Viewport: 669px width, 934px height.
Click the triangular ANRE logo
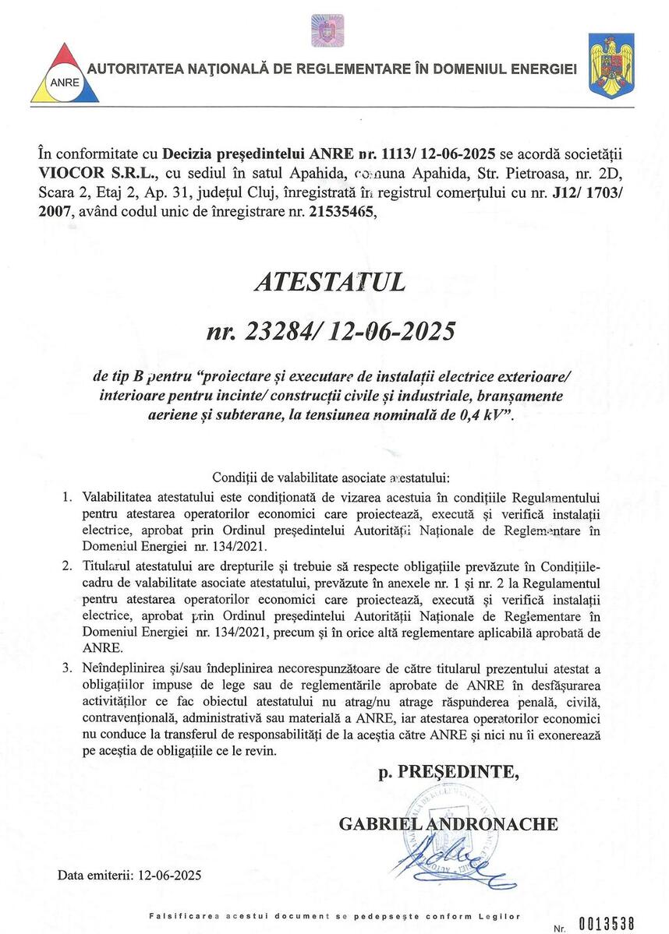[x=65, y=76]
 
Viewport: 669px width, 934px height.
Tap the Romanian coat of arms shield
[x=611, y=65]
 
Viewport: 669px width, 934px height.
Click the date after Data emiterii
[x=168, y=875]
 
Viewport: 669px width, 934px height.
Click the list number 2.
[x=68, y=563]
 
